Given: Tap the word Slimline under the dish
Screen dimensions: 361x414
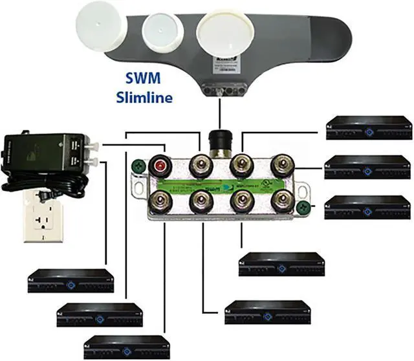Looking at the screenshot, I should point(144,98).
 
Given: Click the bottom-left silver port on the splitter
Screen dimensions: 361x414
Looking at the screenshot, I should point(159,201).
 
